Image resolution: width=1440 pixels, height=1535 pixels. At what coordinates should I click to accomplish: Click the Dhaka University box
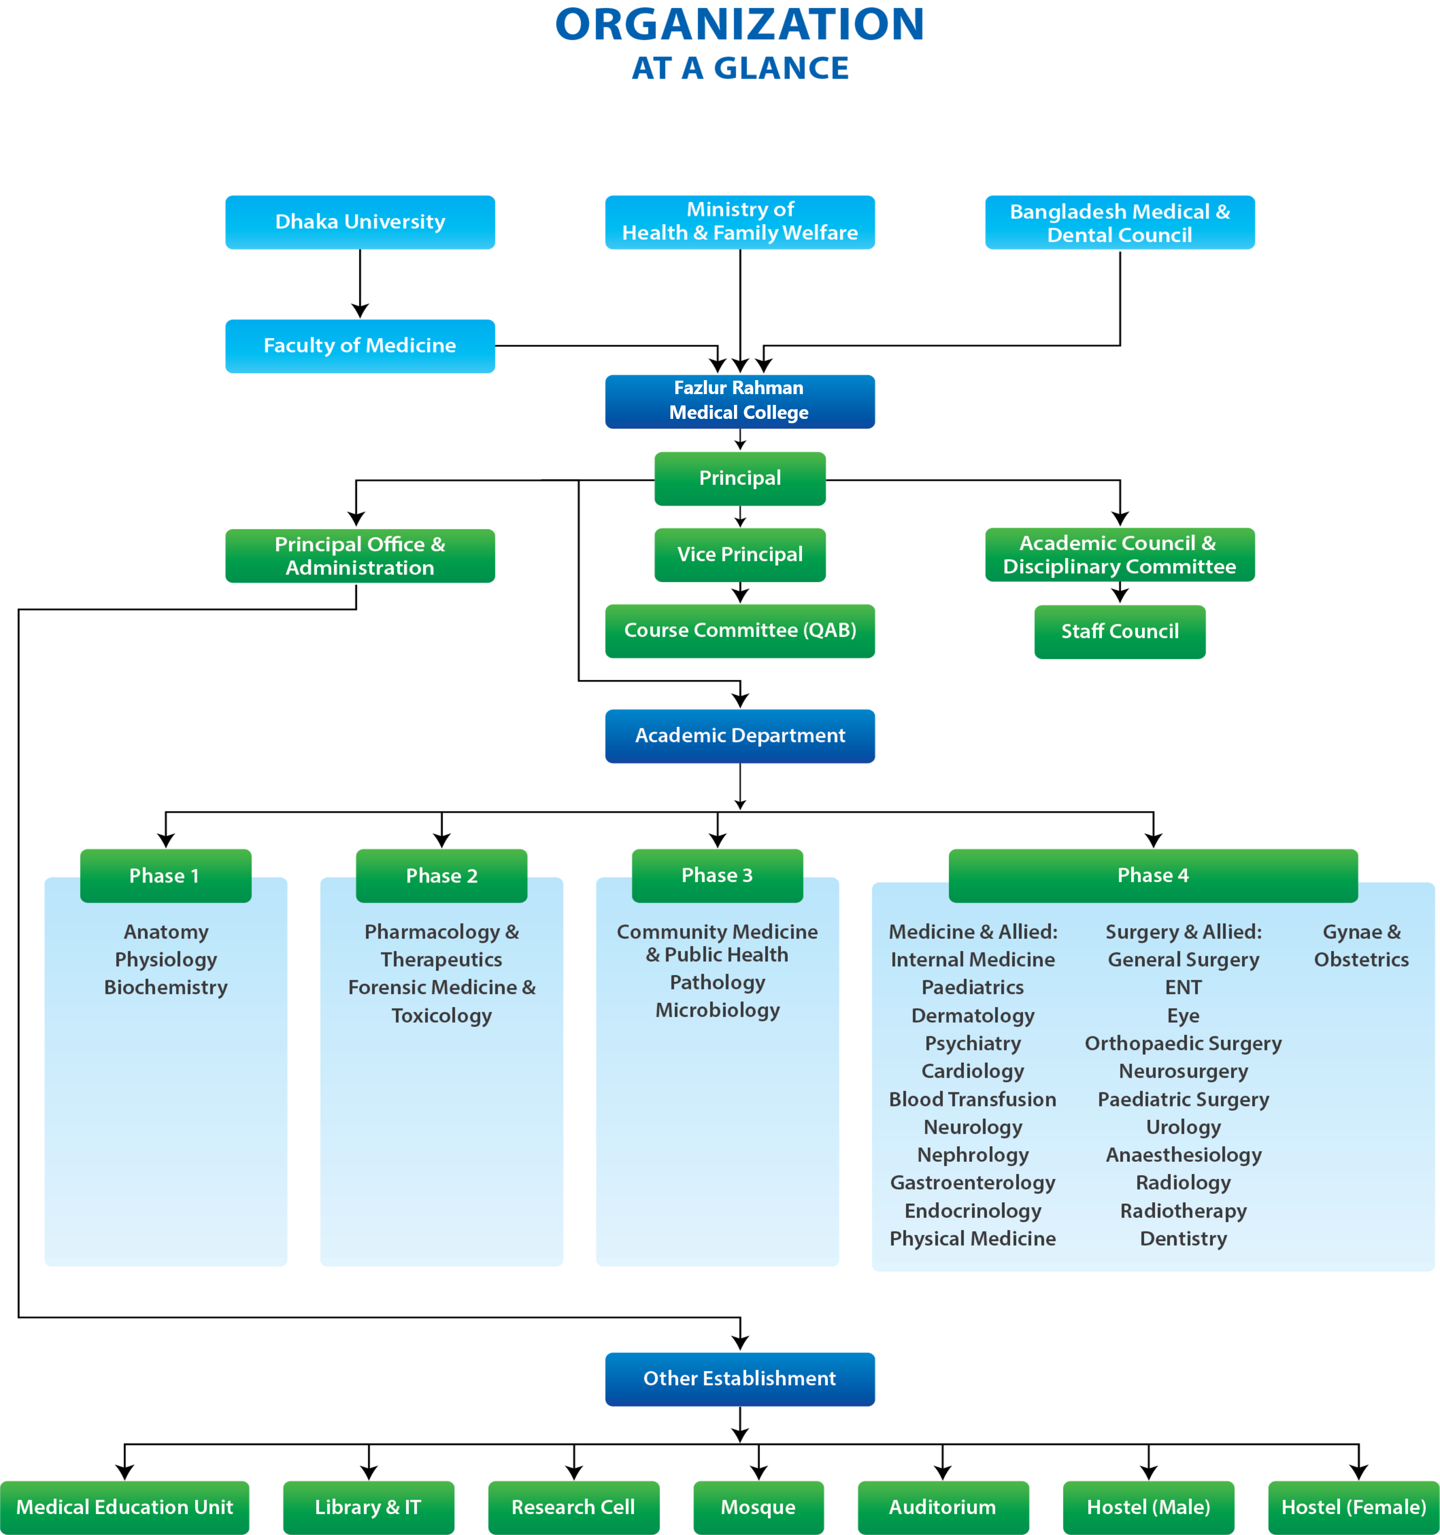360,222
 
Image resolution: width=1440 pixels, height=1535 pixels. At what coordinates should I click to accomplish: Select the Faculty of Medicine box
360,346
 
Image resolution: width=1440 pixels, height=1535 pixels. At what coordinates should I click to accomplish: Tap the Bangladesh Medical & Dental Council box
1120,222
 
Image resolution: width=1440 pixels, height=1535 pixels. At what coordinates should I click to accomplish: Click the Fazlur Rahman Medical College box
740,401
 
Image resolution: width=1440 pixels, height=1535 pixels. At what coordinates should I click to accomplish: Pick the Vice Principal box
740,555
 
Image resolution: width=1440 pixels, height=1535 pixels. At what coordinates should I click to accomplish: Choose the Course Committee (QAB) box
740,631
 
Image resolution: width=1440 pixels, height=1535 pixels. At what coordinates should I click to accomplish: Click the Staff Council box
1120,632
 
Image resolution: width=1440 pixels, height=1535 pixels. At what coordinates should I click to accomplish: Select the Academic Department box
740,736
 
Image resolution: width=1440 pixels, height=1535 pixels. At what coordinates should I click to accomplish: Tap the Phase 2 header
442,875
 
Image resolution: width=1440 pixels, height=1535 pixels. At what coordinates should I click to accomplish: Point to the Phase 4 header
1153,875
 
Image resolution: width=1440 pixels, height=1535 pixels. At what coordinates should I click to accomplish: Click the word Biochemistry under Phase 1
166,987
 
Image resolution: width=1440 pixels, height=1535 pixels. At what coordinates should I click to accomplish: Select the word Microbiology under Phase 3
717,1010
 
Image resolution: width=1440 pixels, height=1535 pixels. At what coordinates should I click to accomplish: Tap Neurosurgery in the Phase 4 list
1183,1072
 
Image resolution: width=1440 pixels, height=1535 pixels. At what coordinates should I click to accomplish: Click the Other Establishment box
740,1379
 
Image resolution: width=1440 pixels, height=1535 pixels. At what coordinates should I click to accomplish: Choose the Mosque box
758,1507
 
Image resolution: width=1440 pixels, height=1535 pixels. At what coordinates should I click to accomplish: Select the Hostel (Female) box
1353,1507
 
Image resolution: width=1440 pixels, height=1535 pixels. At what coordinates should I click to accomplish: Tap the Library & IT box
368,1507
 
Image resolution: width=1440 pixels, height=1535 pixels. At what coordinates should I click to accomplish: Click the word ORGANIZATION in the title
740,25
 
